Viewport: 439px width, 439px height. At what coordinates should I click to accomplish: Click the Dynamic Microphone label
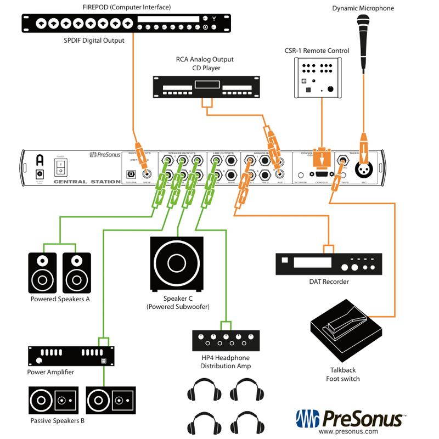pyautogui.click(x=363, y=8)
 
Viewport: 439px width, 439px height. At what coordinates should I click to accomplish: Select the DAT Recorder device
pyautogui.click(x=328, y=264)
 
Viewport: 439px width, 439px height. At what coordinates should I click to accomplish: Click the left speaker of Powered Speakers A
pyautogui.click(x=42, y=273)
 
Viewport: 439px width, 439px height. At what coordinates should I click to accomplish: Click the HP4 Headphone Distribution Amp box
pyautogui.click(x=226, y=341)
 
